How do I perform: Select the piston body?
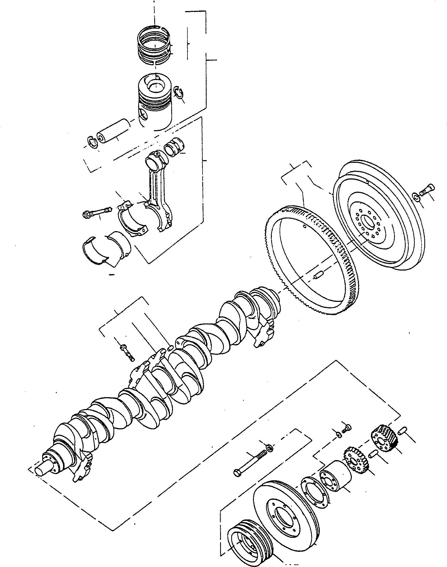[154, 103]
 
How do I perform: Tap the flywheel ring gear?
[311, 259]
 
